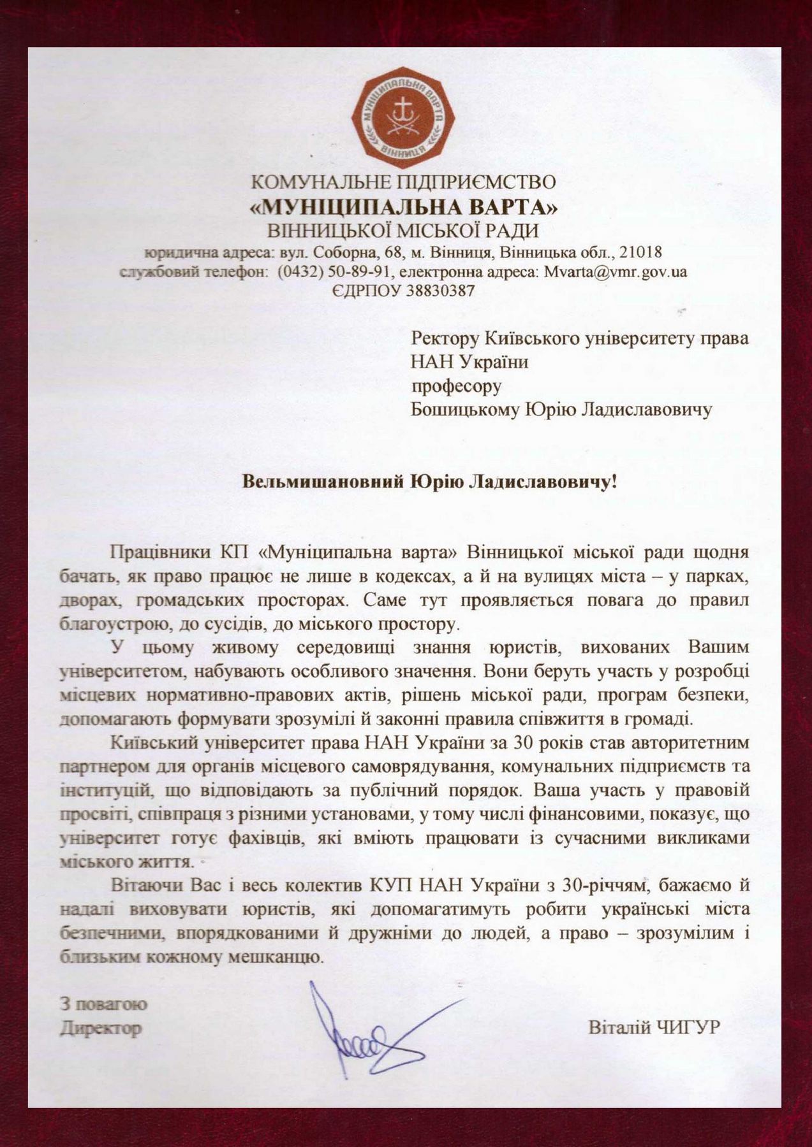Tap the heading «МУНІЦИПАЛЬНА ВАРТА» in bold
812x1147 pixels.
(404, 207)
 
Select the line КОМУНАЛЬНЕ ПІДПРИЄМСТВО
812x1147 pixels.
(404, 182)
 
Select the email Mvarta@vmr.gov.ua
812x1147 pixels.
(615, 271)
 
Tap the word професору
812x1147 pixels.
(456, 386)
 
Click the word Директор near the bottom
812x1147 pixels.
(100, 1028)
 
